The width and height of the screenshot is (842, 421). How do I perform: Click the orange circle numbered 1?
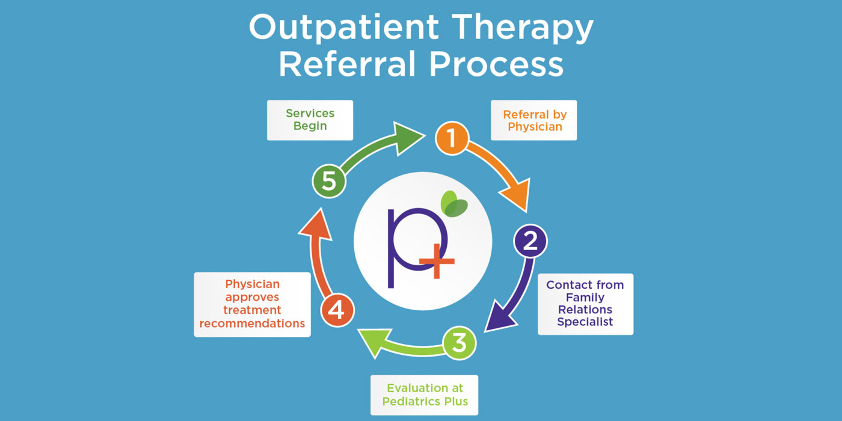click(452, 138)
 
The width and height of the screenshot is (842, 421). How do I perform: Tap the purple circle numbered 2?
click(530, 241)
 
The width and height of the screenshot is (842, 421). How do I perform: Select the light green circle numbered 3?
click(459, 343)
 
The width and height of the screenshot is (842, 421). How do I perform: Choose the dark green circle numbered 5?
click(329, 181)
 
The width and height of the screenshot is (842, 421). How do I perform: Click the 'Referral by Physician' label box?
click(534, 120)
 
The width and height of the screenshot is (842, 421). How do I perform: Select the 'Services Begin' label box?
click(310, 120)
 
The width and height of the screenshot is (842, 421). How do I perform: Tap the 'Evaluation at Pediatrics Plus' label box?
click(424, 395)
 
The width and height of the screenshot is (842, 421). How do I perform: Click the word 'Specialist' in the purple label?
click(585, 322)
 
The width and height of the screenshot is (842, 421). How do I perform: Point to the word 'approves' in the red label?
click(252, 297)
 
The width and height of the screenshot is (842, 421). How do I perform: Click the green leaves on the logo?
click(454, 203)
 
